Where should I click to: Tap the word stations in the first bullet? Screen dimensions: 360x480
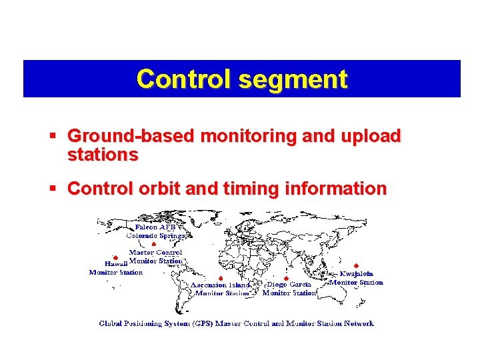[103, 155]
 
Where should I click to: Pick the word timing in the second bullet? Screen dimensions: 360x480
[254, 189]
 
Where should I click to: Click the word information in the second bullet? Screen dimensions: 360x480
[337, 189]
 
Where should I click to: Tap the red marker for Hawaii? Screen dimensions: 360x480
[115, 257]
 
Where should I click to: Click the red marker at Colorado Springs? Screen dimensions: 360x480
[154, 245]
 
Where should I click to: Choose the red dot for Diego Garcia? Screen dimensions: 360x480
[286, 278]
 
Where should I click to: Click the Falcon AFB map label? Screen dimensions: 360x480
[155, 227]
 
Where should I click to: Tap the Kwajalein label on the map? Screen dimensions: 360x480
[357, 273]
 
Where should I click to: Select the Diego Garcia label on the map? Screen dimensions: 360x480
[289, 285]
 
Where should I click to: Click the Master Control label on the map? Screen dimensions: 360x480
[155, 253]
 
